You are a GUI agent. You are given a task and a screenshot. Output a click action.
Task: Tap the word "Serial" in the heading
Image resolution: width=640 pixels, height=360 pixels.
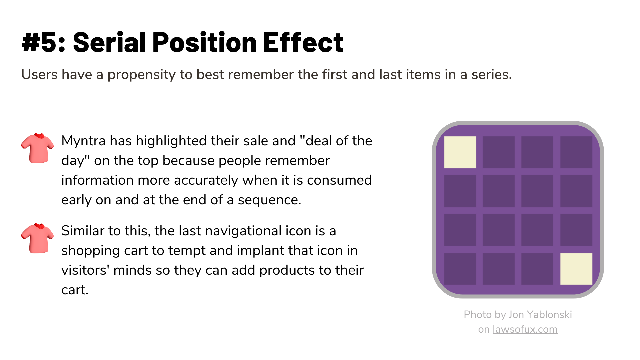tap(109, 42)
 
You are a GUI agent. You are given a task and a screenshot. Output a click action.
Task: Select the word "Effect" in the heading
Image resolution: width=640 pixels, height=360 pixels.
tap(303, 42)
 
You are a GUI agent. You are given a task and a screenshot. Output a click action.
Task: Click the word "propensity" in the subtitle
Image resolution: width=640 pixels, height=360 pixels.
tap(141, 75)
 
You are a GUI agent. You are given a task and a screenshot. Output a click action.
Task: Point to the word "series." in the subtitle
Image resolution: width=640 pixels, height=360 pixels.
tap(492, 74)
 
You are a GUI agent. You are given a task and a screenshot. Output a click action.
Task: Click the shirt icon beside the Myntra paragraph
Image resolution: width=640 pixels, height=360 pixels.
tap(37, 148)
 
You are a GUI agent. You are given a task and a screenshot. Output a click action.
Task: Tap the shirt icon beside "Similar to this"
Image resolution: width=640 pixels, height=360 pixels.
tap(37, 238)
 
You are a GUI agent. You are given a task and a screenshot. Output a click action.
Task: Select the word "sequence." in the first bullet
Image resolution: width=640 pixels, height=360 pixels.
tap(269, 200)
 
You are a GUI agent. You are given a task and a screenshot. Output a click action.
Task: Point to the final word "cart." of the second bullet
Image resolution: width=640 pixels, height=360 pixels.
tap(75, 290)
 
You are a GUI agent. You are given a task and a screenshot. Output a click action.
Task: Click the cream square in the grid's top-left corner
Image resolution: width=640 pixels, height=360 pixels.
tap(460, 152)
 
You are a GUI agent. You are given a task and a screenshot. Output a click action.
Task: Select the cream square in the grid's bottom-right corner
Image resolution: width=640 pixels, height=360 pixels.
tap(576, 269)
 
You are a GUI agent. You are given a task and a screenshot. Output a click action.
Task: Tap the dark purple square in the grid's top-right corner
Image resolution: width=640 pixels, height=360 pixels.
tap(576, 152)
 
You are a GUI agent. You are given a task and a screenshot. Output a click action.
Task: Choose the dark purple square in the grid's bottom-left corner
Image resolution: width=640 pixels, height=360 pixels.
tap(460, 269)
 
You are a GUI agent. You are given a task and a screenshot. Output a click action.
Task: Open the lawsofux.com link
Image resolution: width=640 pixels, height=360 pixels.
tap(525, 329)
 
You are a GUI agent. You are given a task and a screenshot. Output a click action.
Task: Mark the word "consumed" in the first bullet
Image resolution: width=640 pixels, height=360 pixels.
tap(339, 180)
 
